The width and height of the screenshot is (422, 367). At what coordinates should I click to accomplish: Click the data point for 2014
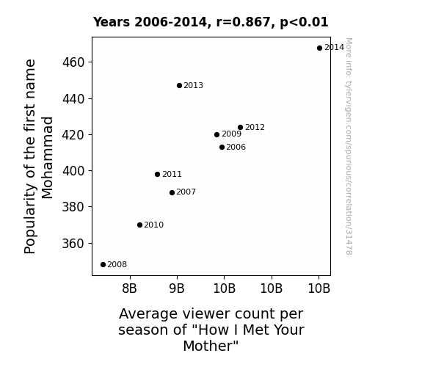(319, 48)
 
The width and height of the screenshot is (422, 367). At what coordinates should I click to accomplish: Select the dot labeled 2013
(180, 86)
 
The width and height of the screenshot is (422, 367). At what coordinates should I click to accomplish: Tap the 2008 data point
(103, 265)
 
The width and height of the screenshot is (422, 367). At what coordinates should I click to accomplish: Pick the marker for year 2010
(139, 225)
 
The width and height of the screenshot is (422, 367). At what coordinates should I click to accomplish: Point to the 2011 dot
(158, 175)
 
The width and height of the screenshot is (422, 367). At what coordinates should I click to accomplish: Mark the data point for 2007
(172, 192)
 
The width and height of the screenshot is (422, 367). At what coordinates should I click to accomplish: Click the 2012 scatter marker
(240, 128)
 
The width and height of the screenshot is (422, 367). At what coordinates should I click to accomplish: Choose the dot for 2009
(217, 134)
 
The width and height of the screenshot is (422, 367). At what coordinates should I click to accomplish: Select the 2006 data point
(222, 148)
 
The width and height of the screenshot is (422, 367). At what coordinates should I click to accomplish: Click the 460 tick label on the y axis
(73, 62)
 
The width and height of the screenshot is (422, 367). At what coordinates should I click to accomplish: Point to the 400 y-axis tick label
(73, 171)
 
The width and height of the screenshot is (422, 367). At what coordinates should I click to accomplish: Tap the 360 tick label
(73, 244)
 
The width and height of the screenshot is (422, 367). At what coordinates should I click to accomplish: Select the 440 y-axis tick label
(73, 99)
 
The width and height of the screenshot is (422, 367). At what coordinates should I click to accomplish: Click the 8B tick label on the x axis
(129, 288)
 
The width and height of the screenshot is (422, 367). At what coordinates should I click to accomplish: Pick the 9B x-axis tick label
(177, 288)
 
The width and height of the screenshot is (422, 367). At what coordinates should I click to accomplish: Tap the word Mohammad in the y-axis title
(48, 158)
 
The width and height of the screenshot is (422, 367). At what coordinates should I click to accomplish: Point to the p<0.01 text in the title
(304, 23)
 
